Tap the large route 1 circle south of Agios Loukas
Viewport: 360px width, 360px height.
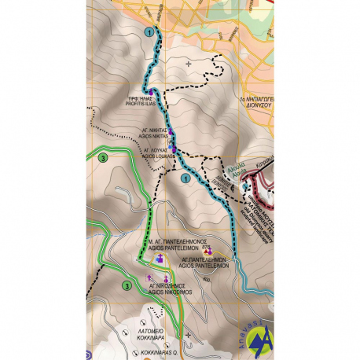pos(186,179)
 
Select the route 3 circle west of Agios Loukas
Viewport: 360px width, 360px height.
pos(104,158)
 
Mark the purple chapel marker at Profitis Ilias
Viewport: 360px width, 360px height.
pos(149,92)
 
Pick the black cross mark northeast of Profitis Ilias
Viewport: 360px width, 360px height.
pos(188,62)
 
